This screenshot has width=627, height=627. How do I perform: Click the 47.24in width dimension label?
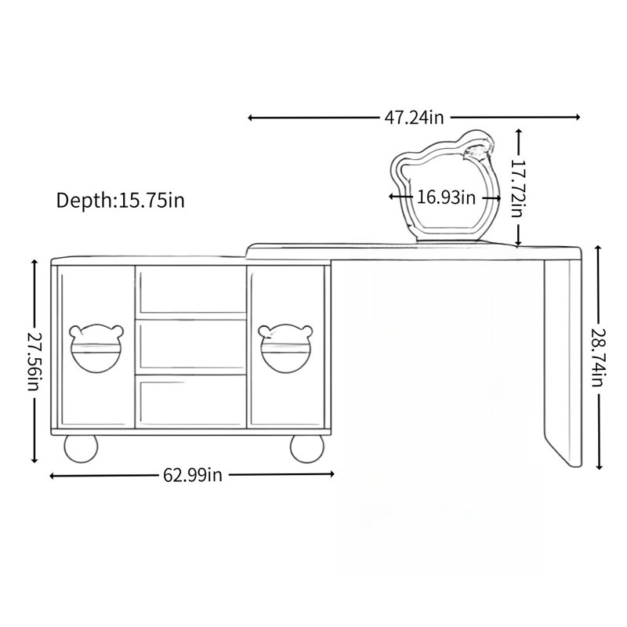tap(415, 118)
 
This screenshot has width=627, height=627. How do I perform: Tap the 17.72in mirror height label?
tap(518, 189)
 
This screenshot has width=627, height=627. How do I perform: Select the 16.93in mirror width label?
tap(446, 198)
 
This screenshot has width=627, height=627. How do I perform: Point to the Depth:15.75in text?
tap(121, 200)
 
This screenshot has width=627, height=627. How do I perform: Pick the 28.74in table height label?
tap(598, 357)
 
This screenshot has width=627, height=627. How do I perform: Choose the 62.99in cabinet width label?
tap(192, 475)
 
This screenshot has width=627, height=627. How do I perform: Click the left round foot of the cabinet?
tap(82, 448)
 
